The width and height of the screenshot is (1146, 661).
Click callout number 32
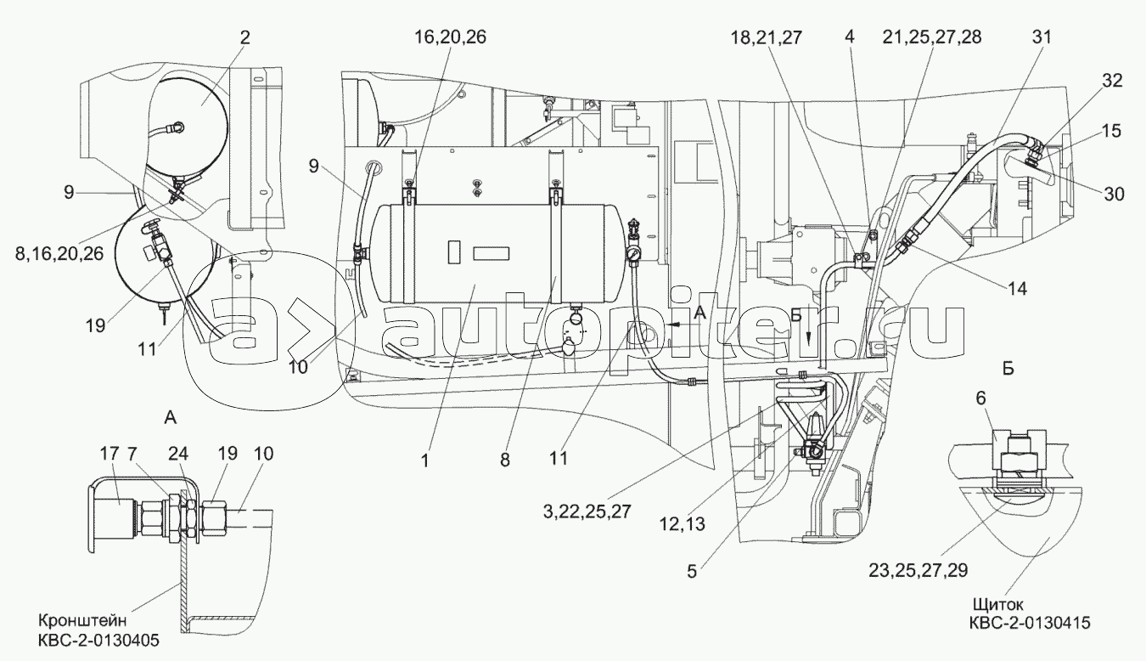click(1111, 81)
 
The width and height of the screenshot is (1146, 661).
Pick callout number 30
click(1114, 194)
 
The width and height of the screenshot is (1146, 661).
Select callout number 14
click(1017, 288)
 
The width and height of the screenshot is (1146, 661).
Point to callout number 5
click(692, 572)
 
